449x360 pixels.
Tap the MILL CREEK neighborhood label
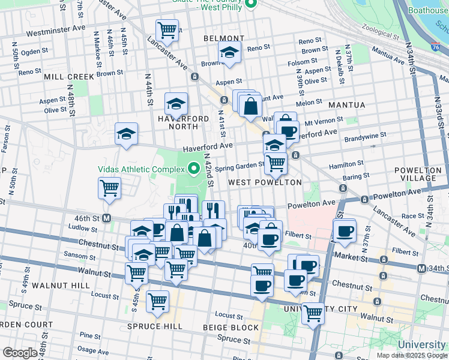tap(69, 77)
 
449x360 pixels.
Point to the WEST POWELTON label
tap(264, 182)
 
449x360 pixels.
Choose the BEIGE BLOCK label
tap(231, 328)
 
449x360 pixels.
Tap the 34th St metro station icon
tap(421, 268)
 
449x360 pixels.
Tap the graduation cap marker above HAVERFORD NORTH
tap(176, 104)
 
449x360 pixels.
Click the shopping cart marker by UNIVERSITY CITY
tap(313, 312)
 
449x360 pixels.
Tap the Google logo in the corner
tap(20, 353)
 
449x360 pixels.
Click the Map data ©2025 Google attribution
tap(411, 355)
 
